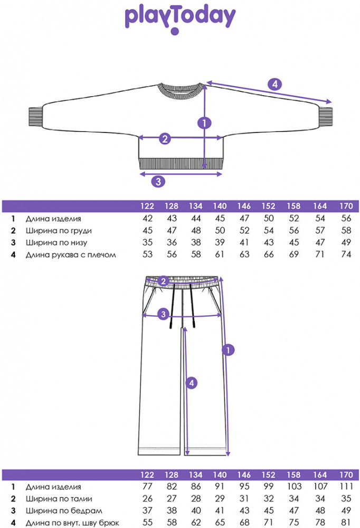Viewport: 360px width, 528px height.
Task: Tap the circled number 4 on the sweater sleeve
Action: [274, 83]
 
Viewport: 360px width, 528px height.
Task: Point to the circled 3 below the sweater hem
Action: [158, 181]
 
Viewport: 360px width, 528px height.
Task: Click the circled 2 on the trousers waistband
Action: [164, 281]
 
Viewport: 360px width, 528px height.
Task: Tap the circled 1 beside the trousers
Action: [228, 350]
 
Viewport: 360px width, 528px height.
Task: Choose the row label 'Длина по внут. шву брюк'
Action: [72, 523]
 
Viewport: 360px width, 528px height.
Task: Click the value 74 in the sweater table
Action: [346, 255]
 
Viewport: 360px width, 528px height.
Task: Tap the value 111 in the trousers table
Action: [346, 486]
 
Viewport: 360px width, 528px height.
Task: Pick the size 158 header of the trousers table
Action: [294, 475]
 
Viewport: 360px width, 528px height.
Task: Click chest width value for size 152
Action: [269, 231]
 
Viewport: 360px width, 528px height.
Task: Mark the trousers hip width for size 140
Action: [220, 511]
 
